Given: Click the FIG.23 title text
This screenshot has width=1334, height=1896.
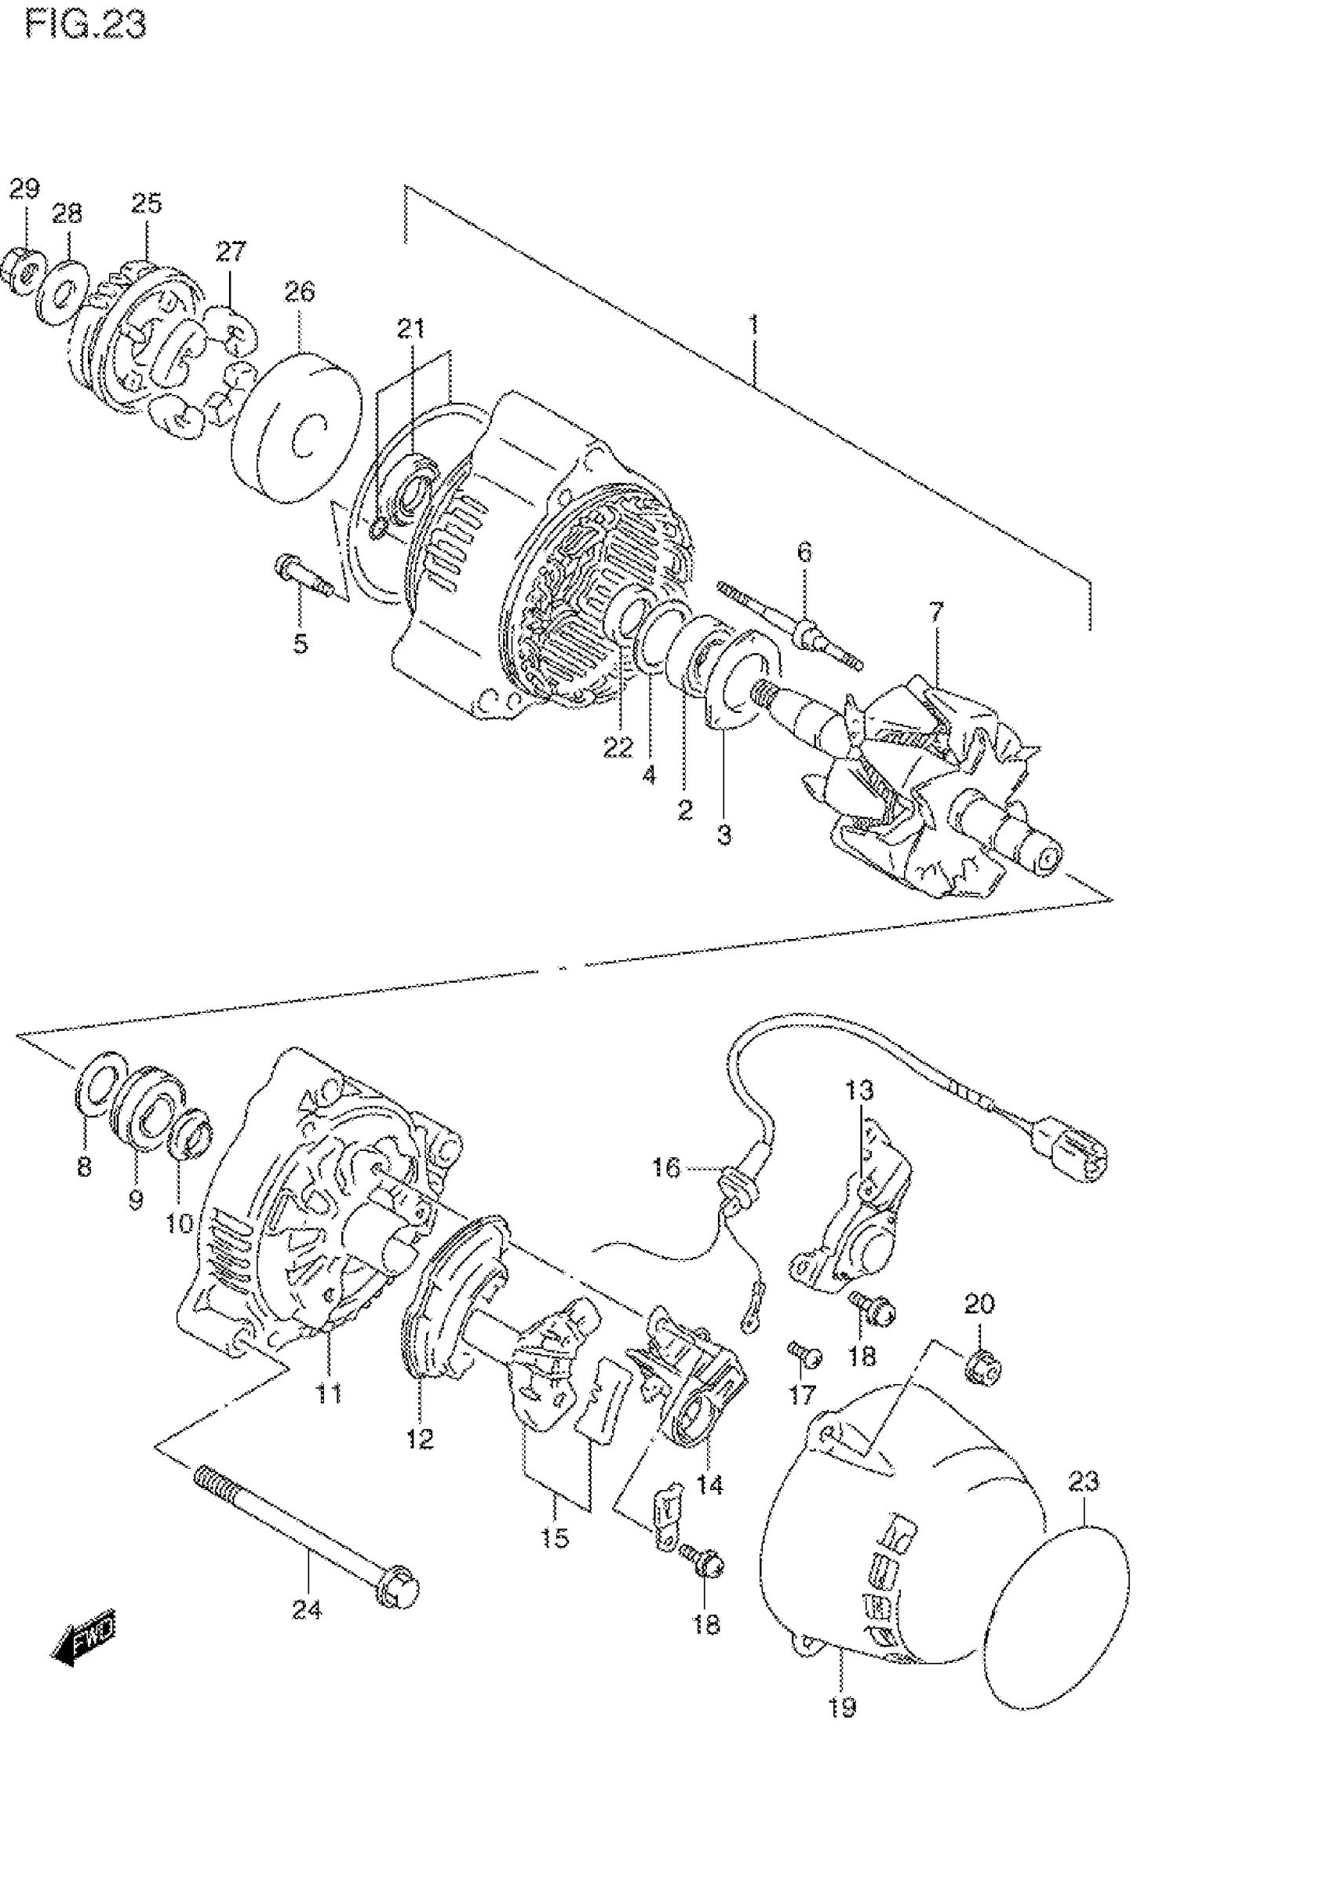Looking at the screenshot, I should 86,24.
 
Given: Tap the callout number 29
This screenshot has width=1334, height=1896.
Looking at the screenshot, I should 24,188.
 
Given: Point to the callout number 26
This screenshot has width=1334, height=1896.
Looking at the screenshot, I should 300,292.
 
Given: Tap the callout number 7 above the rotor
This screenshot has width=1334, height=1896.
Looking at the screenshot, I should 935,612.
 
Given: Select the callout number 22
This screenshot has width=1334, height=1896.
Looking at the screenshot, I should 618,748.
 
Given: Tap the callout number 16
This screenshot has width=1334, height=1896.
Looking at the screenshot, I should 665,1167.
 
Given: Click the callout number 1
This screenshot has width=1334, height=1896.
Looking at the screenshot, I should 753,323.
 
